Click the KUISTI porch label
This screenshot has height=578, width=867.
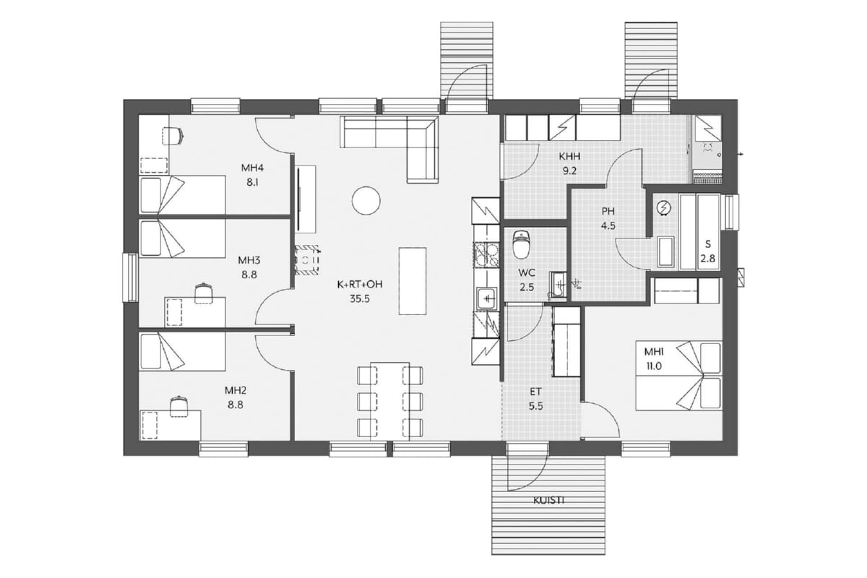click(548, 501)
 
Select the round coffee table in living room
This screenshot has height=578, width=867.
click(366, 201)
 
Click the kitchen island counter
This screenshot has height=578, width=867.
click(413, 281)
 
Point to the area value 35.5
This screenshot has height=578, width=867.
click(360, 299)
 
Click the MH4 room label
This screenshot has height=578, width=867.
click(252, 168)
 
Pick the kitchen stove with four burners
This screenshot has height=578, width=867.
click(486, 254)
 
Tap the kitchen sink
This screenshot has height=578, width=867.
click(487, 298)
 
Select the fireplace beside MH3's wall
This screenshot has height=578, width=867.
click(307, 260)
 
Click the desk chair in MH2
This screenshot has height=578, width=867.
click(179, 406)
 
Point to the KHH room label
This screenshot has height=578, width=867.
click(569, 157)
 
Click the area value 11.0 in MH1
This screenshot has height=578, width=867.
click(653, 366)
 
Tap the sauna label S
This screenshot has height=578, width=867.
click(708, 244)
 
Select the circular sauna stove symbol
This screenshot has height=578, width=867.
click(664, 208)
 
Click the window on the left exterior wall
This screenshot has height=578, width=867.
click(131, 277)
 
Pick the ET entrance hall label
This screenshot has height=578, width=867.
click(535, 392)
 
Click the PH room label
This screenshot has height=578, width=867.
click(608, 212)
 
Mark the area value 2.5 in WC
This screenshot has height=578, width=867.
click(527, 288)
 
